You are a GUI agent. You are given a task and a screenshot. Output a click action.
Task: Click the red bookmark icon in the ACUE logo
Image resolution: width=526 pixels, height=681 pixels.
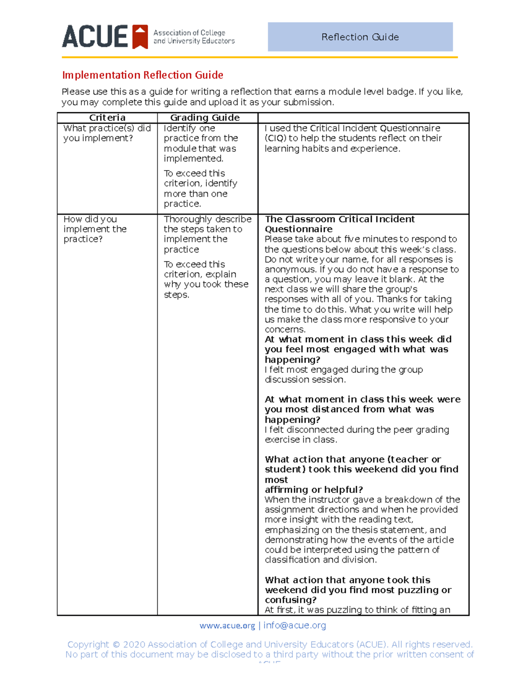[x=140, y=37]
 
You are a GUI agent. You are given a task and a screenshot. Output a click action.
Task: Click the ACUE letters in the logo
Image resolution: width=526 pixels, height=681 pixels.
[x=95, y=37]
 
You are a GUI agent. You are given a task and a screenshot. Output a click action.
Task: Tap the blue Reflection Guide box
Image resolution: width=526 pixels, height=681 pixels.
[x=360, y=37]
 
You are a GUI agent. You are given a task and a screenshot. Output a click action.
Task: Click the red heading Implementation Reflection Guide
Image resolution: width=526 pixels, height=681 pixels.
[x=142, y=75]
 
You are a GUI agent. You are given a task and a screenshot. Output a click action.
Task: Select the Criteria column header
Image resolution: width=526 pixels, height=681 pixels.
[x=107, y=118]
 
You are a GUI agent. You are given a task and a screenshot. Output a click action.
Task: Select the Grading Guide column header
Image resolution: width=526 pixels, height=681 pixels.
[x=205, y=118]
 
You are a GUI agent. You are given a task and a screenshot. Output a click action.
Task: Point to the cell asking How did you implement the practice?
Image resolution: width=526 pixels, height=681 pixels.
[x=95, y=229]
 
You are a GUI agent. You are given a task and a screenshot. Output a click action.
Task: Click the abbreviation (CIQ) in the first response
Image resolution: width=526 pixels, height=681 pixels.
[x=275, y=138]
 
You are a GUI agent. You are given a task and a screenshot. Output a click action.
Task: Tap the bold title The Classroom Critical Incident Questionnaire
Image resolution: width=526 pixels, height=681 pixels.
[x=340, y=224]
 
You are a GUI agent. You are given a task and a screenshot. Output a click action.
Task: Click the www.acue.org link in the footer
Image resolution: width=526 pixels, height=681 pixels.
[x=227, y=626]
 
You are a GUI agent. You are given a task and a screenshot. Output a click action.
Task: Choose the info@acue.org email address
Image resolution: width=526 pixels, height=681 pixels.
[x=295, y=626]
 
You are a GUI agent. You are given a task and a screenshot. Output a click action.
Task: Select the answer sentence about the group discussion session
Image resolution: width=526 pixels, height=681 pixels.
[x=344, y=374]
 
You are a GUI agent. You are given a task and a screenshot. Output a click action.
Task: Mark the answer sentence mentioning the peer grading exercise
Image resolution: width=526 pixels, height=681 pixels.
[x=357, y=435]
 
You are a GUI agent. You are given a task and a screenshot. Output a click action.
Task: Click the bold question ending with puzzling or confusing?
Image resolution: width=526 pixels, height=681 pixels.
[x=358, y=590]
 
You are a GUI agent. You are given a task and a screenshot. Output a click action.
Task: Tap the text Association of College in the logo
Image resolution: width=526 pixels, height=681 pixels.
[x=189, y=33]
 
